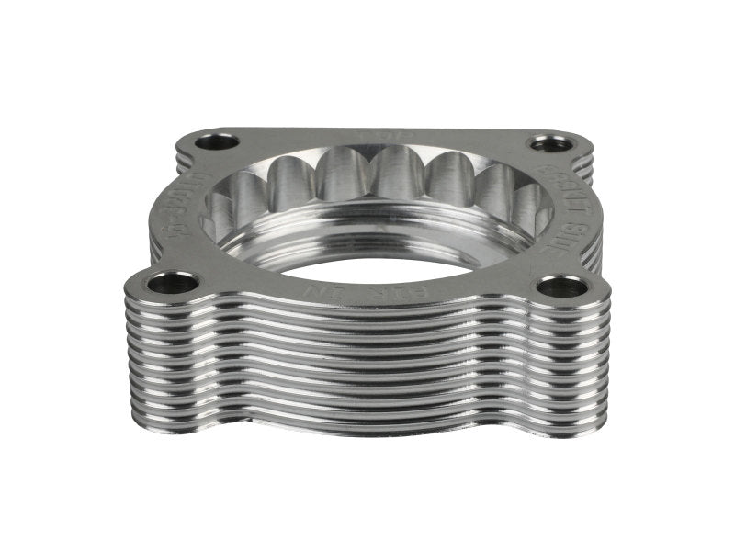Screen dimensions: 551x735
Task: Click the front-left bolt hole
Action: pos(172,282)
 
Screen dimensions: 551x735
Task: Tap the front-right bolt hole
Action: pos(560,287)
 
